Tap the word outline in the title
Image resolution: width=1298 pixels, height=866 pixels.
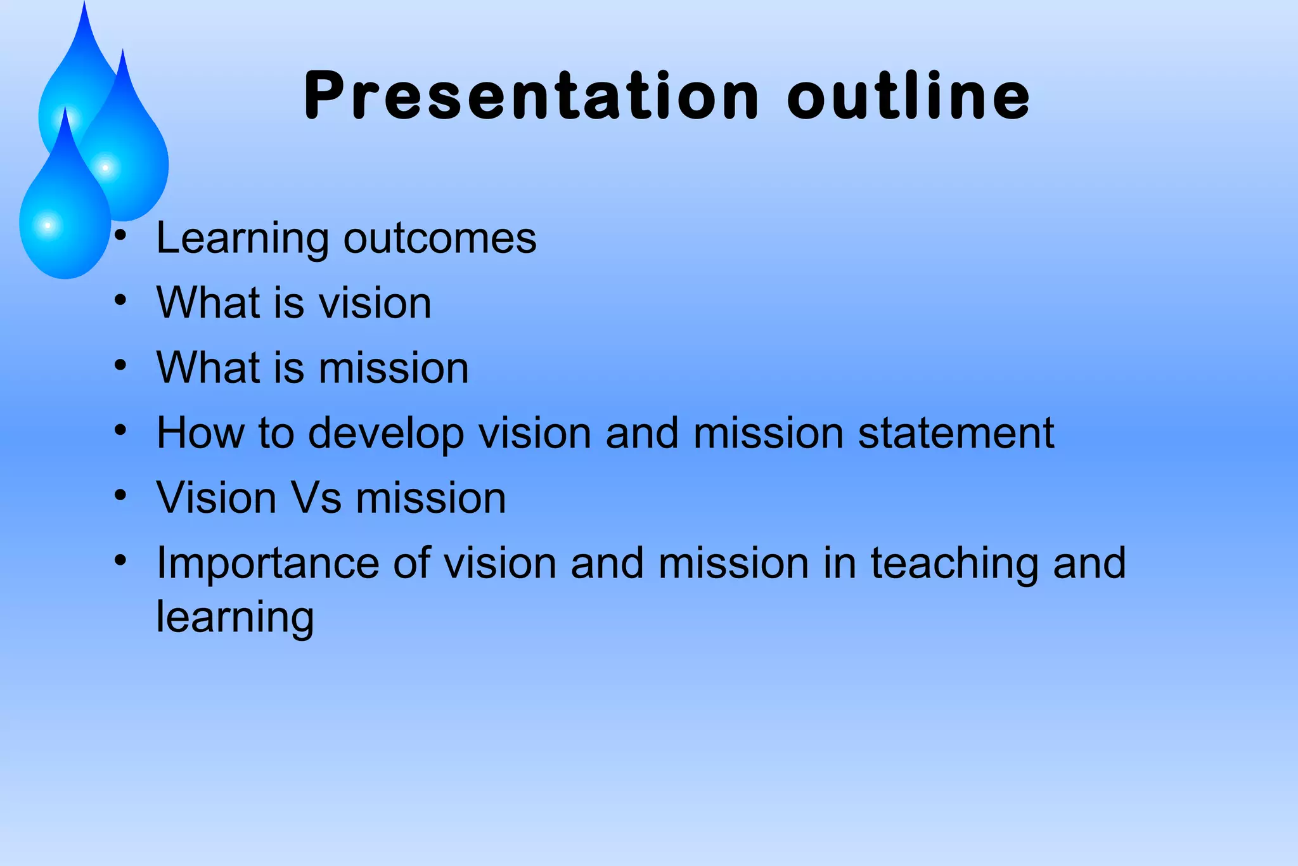(x=909, y=96)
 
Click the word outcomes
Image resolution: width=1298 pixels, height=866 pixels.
(x=440, y=239)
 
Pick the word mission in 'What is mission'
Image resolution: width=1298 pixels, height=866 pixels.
(x=394, y=368)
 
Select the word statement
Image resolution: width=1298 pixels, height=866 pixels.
(x=956, y=433)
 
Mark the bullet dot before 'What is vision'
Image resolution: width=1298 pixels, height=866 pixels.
(x=120, y=300)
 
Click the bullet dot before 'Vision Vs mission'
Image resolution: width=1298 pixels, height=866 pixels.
(x=120, y=495)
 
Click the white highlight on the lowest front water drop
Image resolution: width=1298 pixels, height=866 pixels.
(x=48, y=225)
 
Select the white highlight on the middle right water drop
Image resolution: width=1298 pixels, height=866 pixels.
(x=105, y=168)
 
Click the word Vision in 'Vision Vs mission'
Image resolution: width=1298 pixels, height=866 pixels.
(x=216, y=498)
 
